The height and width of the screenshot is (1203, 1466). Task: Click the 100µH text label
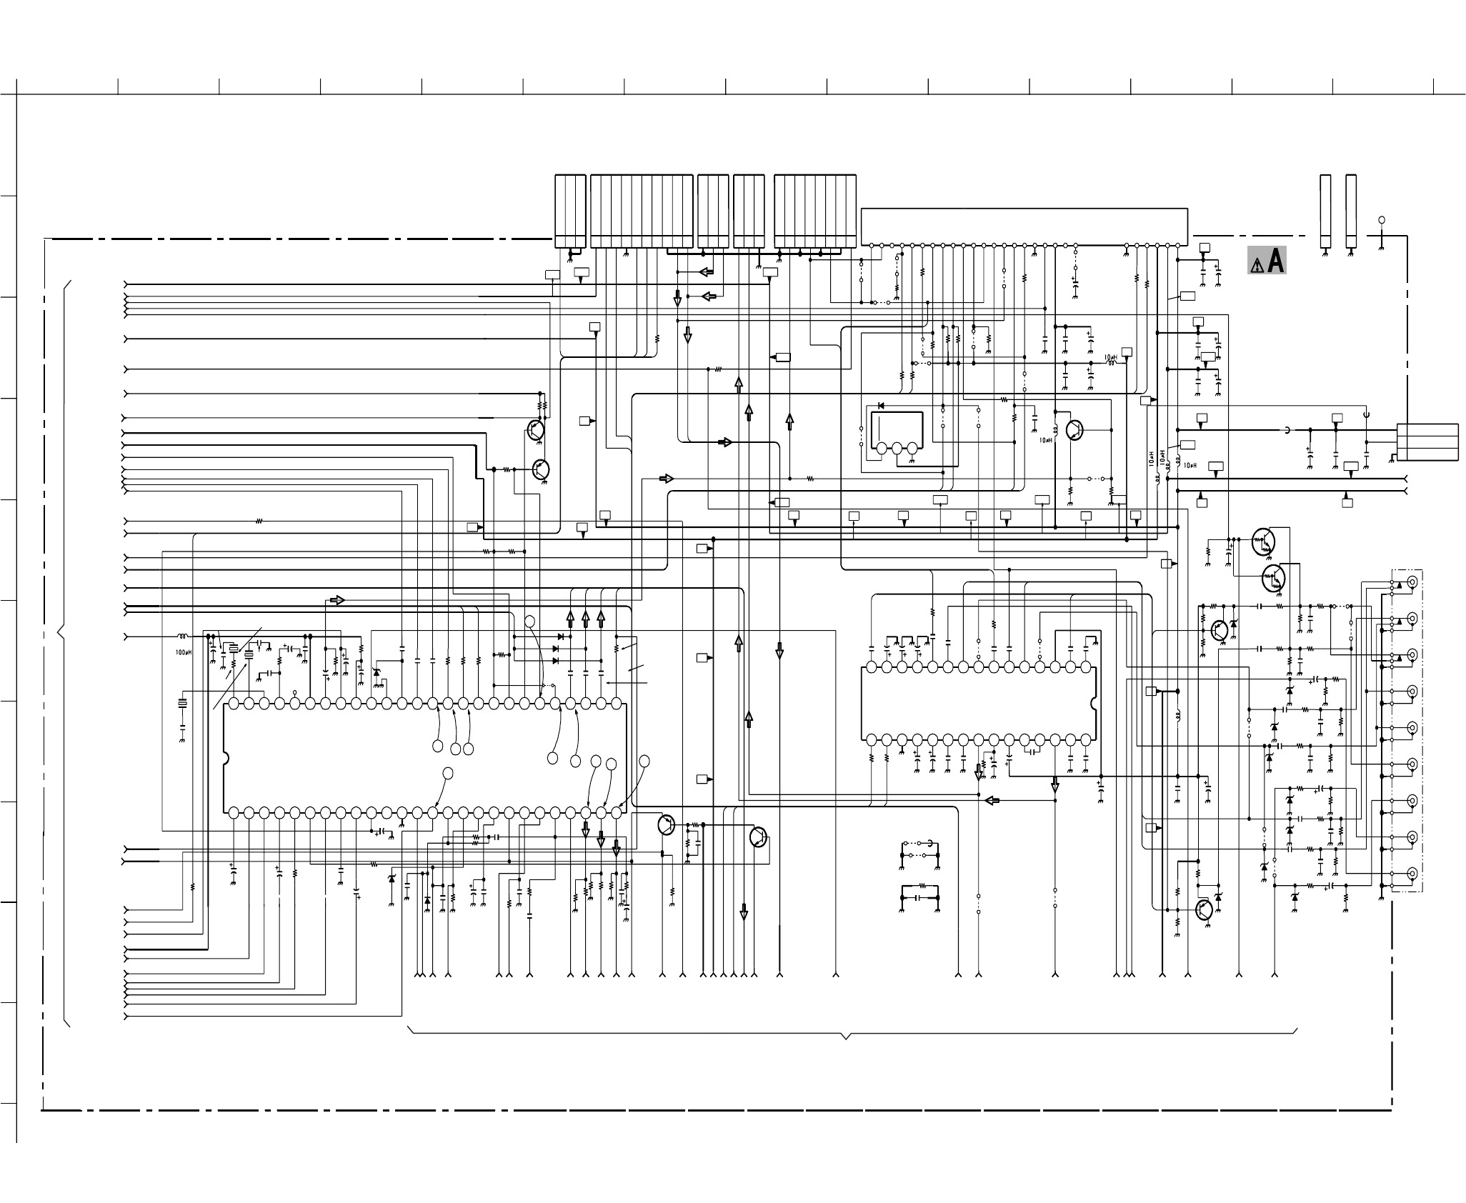tap(184, 652)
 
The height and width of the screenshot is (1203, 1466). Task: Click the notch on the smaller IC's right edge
tap(1093, 703)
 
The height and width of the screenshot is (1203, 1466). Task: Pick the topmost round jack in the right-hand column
tap(1412, 581)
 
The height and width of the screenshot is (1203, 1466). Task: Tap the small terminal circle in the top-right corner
tap(1382, 219)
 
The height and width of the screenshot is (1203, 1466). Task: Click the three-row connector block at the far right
tap(1427, 442)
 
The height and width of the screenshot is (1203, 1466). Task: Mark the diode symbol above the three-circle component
tap(880, 406)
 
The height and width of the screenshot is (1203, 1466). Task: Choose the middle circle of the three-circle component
tap(897, 449)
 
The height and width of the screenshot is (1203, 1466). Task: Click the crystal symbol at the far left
tap(182, 704)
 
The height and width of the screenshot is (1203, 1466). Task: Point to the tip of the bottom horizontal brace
tap(847, 1038)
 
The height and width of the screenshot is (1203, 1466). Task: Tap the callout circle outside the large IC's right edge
tap(644, 762)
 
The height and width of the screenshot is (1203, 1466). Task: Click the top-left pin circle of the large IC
tap(234, 704)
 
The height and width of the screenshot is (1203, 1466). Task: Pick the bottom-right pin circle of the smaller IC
tap(1086, 739)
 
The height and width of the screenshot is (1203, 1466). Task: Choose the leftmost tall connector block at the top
tap(570, 211)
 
